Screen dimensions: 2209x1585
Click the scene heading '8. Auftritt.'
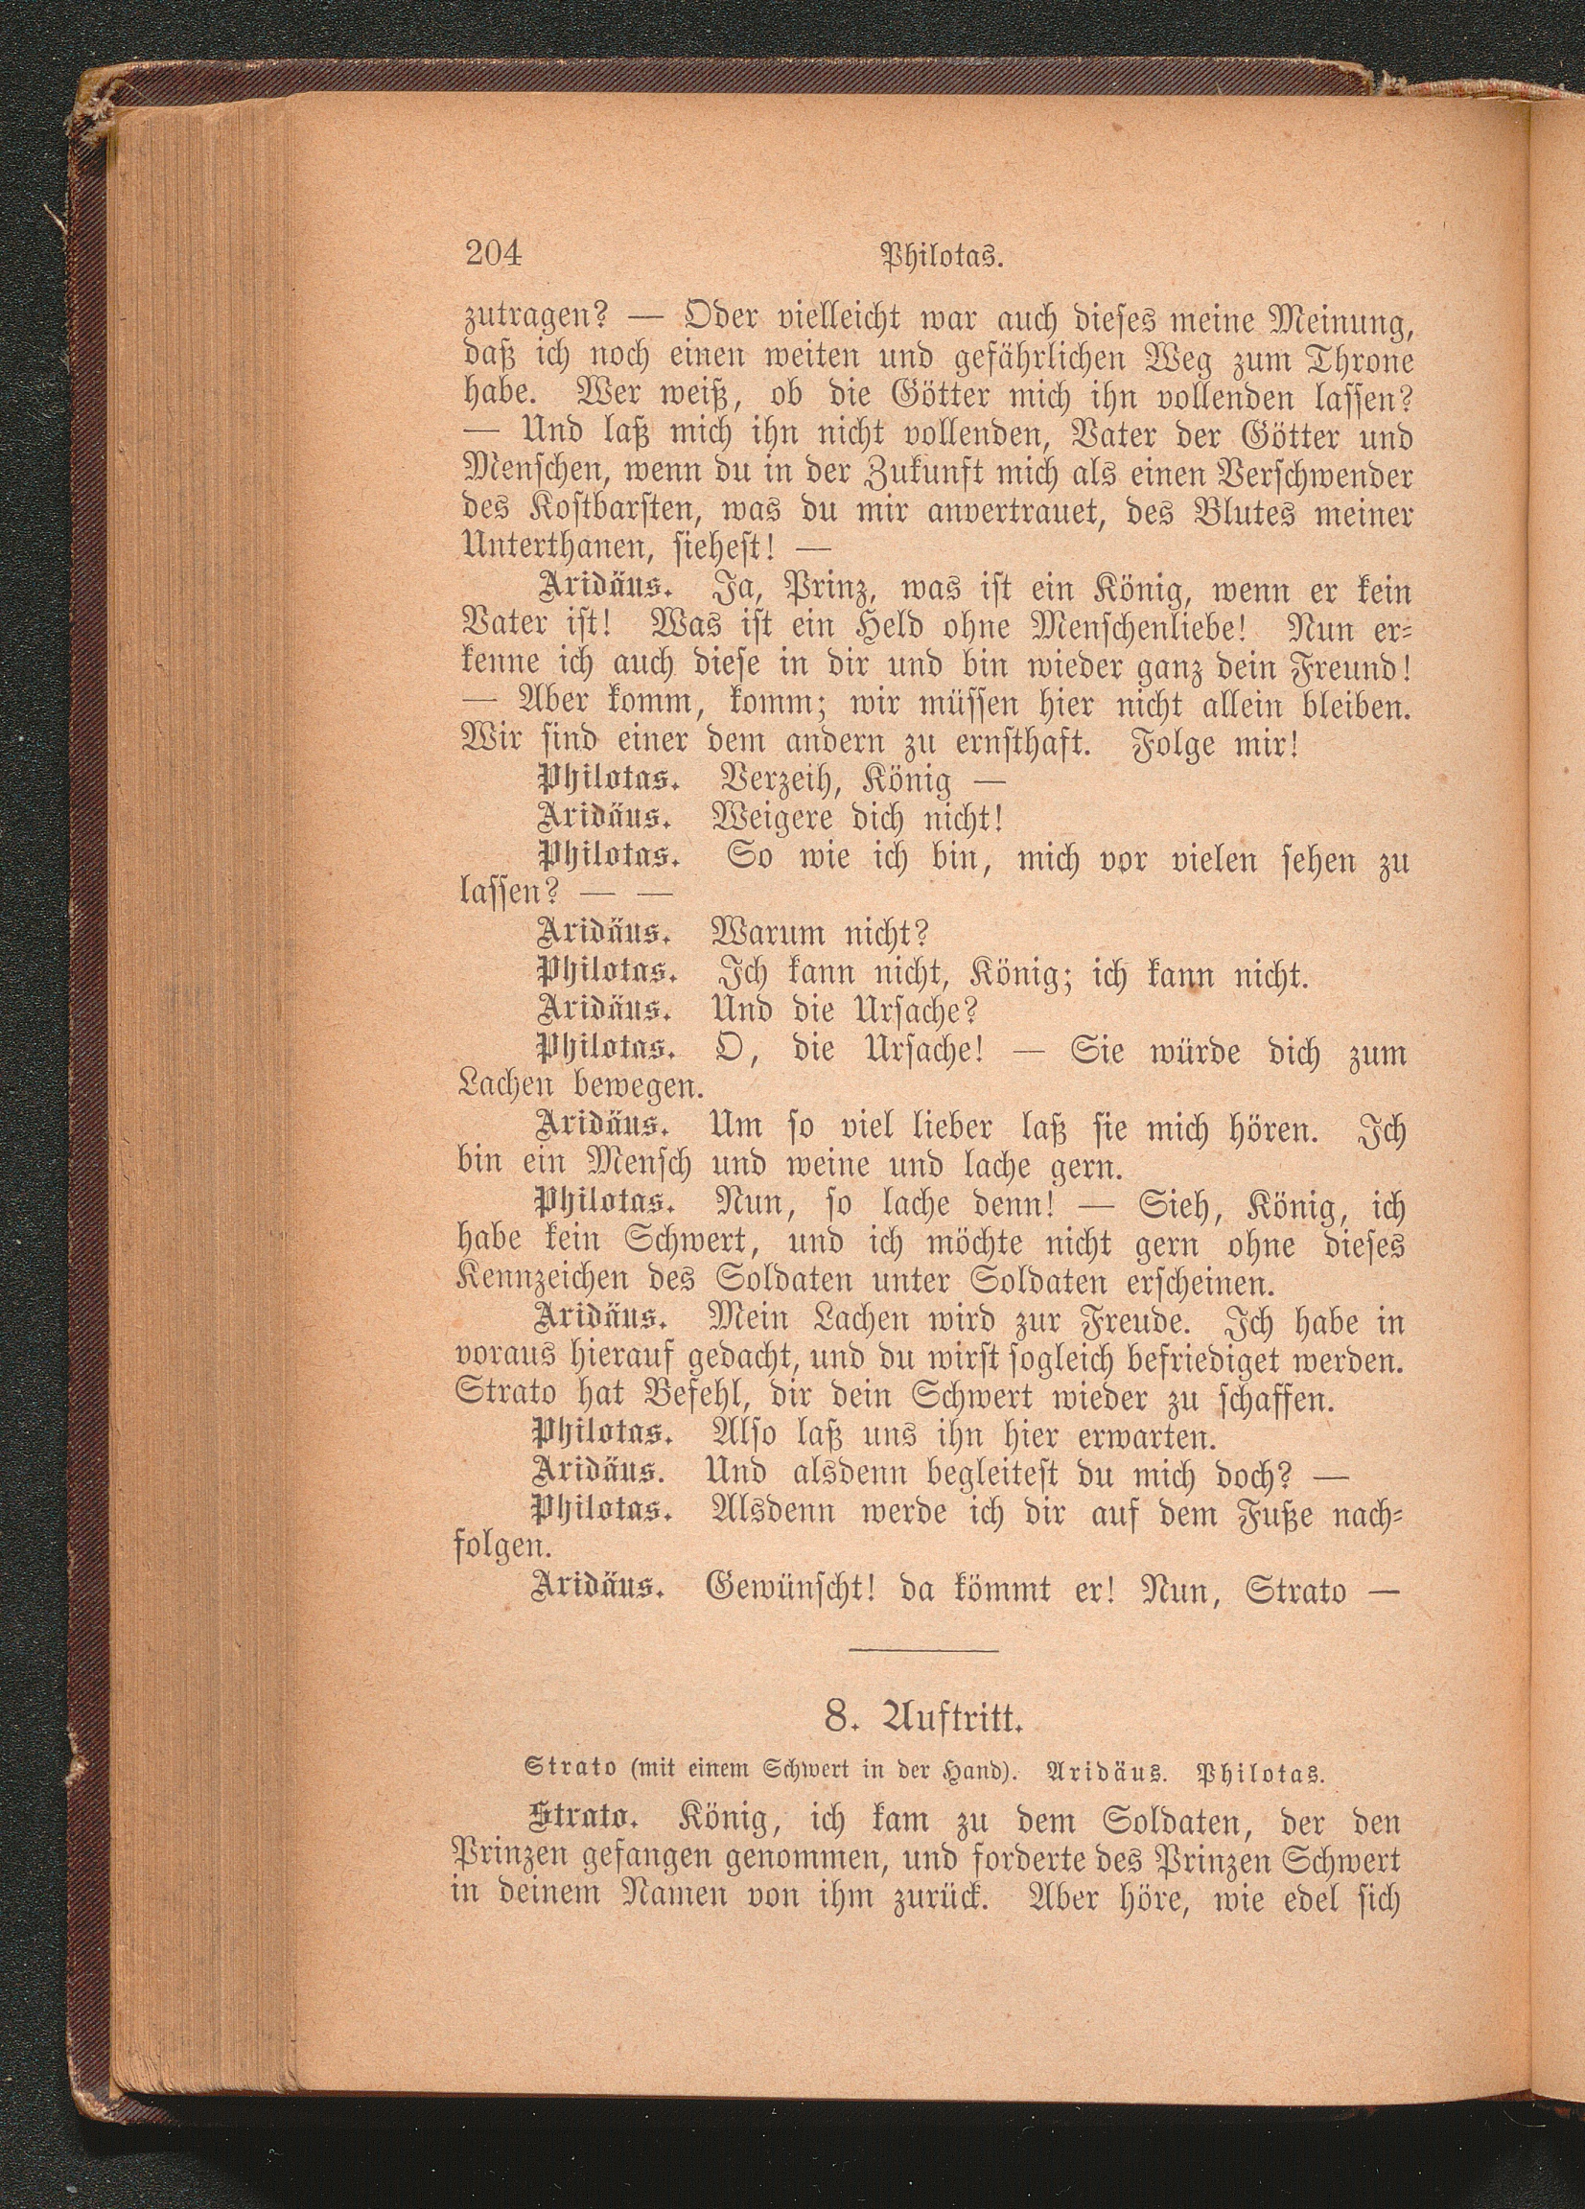922,1745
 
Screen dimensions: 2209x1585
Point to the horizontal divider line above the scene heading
923,1650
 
